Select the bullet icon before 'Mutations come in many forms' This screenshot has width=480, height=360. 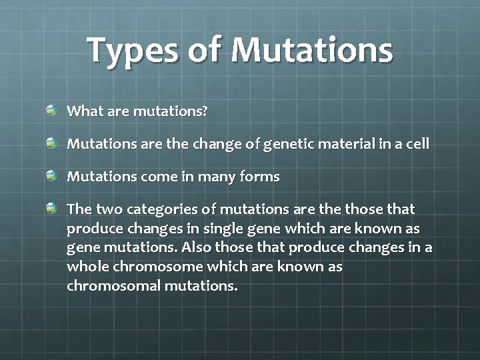coord(51,176)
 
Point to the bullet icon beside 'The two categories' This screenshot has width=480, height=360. coord(51,209)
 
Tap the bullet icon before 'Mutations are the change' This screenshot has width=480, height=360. coord(51,143)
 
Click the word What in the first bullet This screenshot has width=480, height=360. coord(83,111)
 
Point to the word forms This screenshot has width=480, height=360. coord(262,177)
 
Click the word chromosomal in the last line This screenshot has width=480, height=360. coord(113,286)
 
